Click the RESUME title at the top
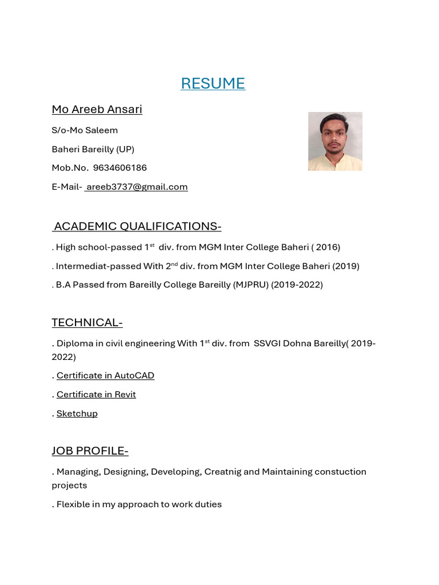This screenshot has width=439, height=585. (213, 83)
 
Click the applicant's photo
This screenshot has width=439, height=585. (335, 141)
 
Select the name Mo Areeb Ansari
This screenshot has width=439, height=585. (97, 109)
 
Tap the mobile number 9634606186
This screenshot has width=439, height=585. (119, 168)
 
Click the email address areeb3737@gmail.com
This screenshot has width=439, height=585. (137, 187)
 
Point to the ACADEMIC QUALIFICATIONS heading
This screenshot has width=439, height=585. (137, 226)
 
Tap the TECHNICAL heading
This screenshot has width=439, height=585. (87, 322)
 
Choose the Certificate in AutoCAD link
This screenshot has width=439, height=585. (105, 375)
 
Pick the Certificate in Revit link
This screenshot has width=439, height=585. (96, 394)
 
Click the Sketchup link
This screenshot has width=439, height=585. (77, 413)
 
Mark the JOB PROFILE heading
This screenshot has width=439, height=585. (90, 451)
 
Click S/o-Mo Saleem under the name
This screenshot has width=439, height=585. (85, 130)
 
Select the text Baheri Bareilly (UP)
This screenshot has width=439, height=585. (93, 149)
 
